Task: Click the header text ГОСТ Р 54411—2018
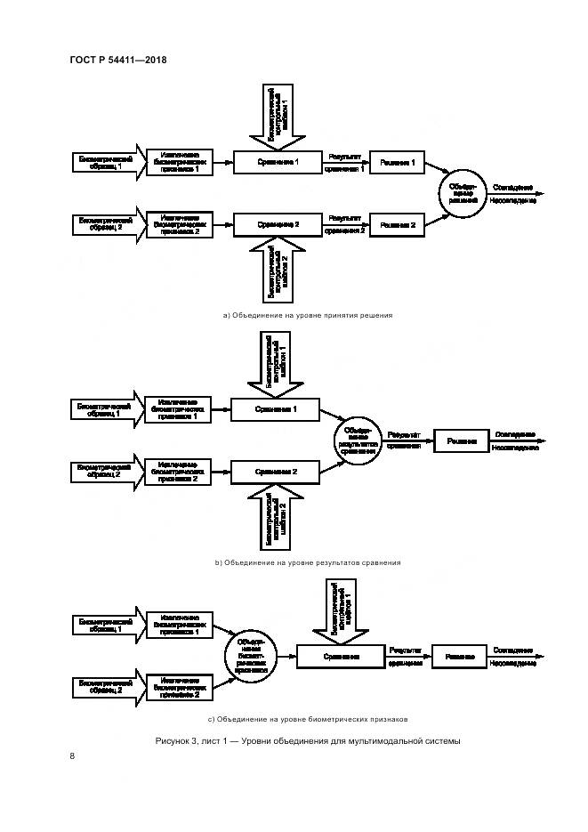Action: coord(117,60)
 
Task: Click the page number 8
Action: coord(72,756)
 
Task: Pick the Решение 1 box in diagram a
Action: coord(398,162)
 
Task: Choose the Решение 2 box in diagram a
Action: coord(398,224)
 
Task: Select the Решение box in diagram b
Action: coord(461,440)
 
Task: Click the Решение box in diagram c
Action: coord(459,657)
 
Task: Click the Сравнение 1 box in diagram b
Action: coord(275,409)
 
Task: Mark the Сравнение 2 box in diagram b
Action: coord(275,471)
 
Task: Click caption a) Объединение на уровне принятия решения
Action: coord(307,315)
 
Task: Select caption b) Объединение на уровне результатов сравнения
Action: coord(307,562)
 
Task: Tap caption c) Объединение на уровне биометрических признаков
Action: coord(307,719)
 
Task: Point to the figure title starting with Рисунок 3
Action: coord(307,741)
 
